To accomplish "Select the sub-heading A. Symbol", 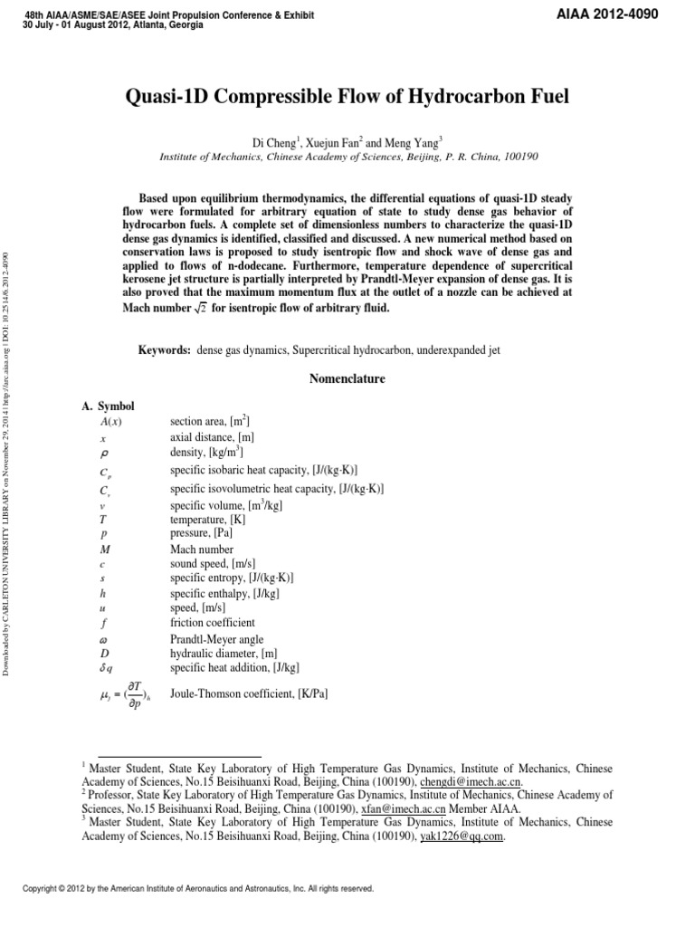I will (x=108, y=407).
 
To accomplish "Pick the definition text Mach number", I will (x=202, y=549).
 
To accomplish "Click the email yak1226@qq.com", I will (x=462, y=836).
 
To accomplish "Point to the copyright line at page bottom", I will (x=198, y=888).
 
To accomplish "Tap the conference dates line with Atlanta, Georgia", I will (x=112, y=24).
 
